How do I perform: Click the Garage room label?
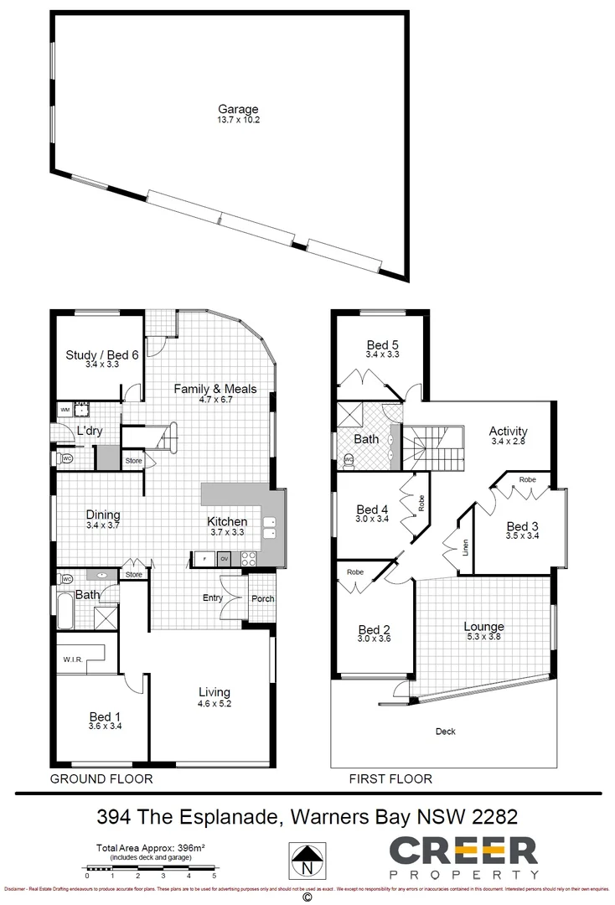238,110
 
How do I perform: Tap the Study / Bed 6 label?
102,354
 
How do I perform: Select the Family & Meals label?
215,389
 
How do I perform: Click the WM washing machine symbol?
65,410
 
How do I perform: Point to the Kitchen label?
227,521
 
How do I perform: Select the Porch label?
262,598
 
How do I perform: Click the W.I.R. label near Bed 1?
72,659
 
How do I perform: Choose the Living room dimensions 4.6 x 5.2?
214,704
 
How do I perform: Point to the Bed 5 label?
383,344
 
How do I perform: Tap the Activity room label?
509,432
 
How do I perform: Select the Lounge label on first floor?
483,627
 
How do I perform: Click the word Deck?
446,732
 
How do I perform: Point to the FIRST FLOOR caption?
390,778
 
